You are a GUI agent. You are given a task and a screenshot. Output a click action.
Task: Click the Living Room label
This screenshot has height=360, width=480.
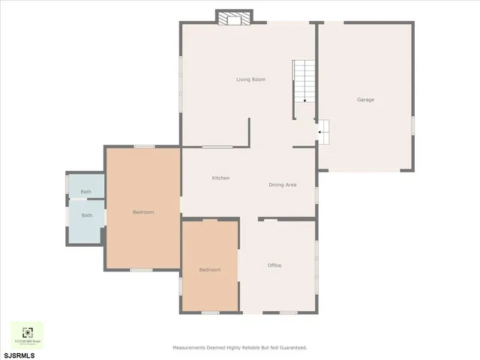click(250, 79)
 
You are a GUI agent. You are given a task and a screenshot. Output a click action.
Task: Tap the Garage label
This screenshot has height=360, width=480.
click(365, 100)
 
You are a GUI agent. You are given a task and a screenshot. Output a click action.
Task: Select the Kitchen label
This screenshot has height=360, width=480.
click(220, 178)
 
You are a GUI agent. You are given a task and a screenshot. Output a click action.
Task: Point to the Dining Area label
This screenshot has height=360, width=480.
click(283, 184)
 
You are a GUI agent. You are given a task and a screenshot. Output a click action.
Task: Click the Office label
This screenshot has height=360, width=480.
click(274, 265)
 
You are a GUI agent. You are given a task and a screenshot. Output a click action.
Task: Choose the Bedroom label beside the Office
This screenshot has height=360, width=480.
click(210, 270)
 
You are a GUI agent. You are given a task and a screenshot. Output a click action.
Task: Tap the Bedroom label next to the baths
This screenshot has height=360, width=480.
click(143, 212)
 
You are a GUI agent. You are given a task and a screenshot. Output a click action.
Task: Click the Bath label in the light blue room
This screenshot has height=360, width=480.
click(87, 216)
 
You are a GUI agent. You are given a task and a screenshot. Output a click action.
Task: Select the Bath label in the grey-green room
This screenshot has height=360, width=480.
click(86, 192)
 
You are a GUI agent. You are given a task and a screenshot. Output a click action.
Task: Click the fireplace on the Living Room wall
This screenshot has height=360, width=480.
click(234, 17)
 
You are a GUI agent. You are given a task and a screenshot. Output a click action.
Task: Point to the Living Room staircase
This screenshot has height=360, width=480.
click(304, 81)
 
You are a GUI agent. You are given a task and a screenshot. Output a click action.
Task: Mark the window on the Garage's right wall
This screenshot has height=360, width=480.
click(412, 125)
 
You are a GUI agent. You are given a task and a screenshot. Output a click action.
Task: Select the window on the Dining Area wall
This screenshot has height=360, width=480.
click(316, 195)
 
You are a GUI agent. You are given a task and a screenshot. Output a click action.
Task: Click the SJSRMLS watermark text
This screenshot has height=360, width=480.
click(18, 353)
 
